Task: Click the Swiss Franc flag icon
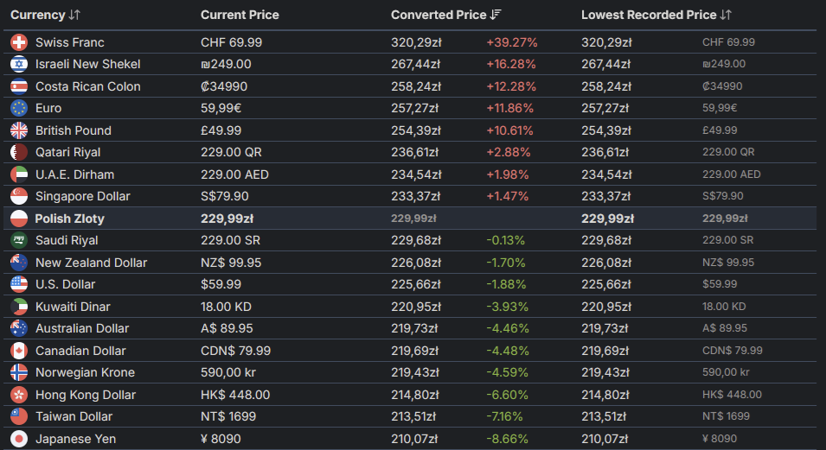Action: [x=19, y=42]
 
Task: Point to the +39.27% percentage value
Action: [x=511, y=42]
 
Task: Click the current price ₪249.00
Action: [x=226, y=64]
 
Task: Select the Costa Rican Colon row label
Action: [x=87, y=86]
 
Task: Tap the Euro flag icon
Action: [x=19, y=108]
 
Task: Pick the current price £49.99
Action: [x=221, y=130]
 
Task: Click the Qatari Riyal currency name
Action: [x=67, y=152]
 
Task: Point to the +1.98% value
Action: [x=507, y=174]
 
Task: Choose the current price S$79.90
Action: [x=225, y=196]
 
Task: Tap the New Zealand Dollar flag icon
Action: [x=19, y=263]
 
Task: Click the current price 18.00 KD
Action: [x=227, y=307]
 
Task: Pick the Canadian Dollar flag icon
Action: [x=19, y=351]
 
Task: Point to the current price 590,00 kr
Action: [x=229, y=372]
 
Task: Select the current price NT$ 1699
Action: [x=229, y=416]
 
